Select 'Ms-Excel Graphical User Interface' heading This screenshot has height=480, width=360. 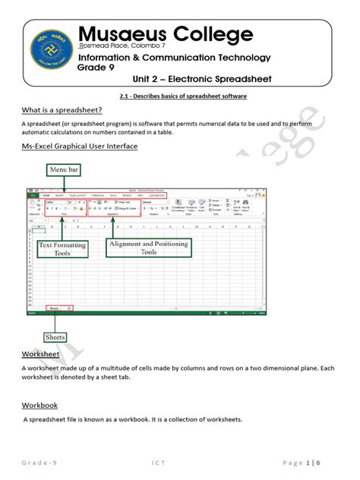pyautogui.click(x=79, y=146)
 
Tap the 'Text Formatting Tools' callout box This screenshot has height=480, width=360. pyautogui.click(x=62, y=249)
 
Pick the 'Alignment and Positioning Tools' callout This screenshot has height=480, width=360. pyautogui.click(x=147, y=247)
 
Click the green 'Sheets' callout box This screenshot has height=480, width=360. pyautogui.click(x=55, y=336)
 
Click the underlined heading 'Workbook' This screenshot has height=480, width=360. pyautogui.click(x=39, y=405)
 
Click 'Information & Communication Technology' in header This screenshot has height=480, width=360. pyautogui.click(x=174, y=57)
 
